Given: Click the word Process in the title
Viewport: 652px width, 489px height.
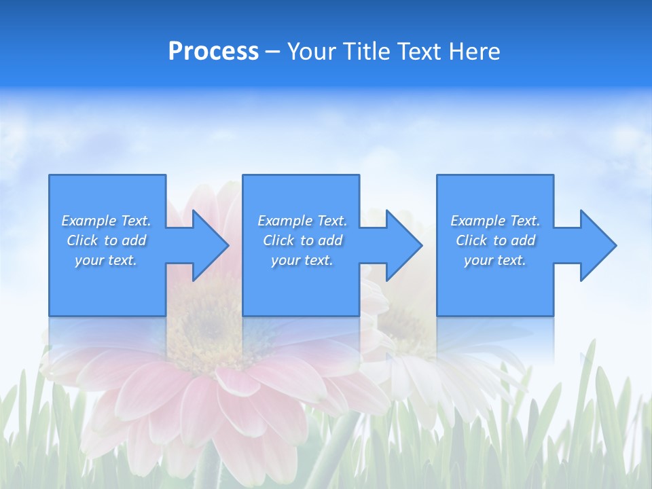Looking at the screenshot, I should pos(213,52).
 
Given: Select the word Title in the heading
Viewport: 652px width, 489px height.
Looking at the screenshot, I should pos(364,52).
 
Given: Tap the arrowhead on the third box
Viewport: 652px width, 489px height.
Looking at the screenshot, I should pos(597,245).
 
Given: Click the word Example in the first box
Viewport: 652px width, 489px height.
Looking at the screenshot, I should pos(89,221).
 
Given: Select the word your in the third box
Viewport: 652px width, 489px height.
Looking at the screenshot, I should pos(478,260).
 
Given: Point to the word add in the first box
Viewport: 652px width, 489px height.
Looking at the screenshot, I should pos(134,240).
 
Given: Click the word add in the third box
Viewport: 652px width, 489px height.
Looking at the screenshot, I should pos(523,240).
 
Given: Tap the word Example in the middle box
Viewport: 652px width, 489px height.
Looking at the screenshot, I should pos(285,221).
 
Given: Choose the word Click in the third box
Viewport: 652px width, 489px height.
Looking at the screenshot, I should pos(471,240).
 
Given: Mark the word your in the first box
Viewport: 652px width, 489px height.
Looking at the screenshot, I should pos(89,260).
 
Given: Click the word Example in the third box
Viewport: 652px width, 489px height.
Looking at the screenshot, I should pos(478,221).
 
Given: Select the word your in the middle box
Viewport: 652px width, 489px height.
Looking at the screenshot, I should pos(285,260).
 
